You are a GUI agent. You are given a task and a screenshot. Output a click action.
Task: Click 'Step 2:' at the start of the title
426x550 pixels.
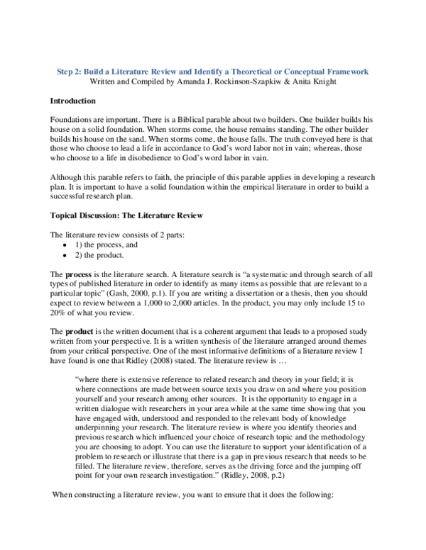(x=69, y=72)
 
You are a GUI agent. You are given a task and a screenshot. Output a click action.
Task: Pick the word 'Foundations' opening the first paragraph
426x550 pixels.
(x=73, y=121)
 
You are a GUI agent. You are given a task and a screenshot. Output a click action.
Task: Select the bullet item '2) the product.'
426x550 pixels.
(x=99, y=254)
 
